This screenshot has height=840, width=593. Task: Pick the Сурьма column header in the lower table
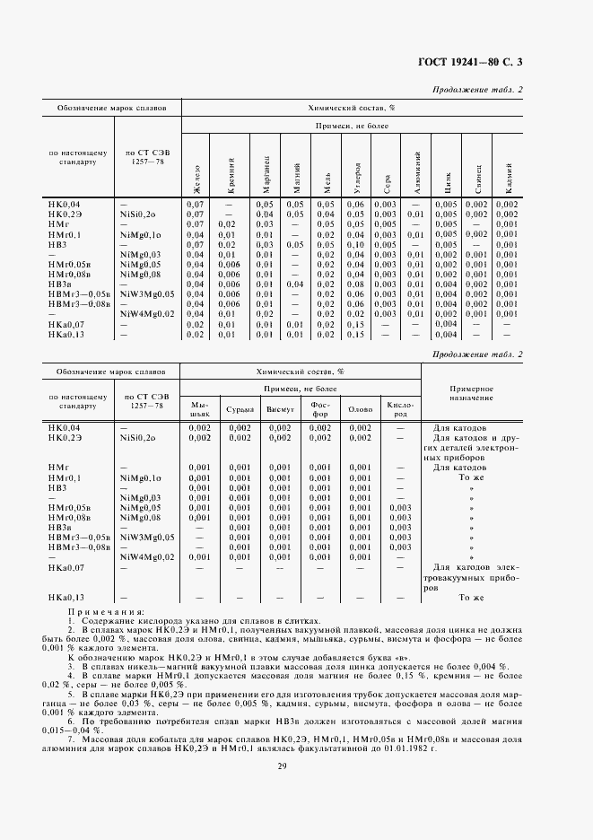(x=240, y=408)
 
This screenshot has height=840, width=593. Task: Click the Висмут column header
(x=279, y=408)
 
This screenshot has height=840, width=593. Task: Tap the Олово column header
(x=360, y=408)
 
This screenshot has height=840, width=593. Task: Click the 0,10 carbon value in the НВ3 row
(x=357, y=244)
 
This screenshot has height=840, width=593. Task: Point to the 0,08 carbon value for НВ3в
(x=357, y=284)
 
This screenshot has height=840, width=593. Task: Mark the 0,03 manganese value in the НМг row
(x=263, y=224)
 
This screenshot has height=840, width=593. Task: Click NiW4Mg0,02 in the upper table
(x=148, y=314)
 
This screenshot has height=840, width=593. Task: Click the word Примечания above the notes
(x=88, y=611)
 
